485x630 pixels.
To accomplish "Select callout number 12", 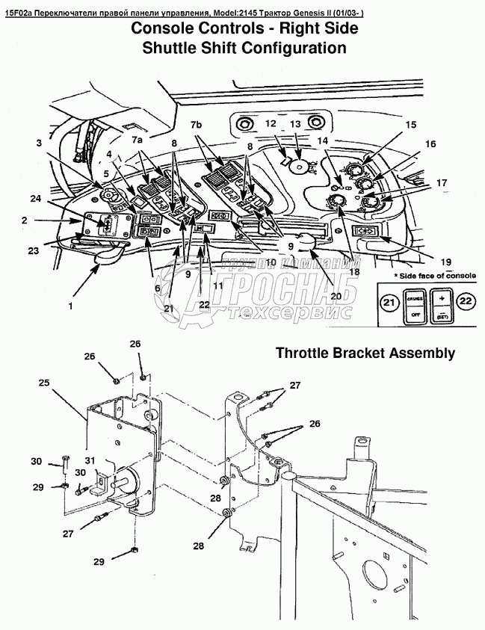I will (271, 123).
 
